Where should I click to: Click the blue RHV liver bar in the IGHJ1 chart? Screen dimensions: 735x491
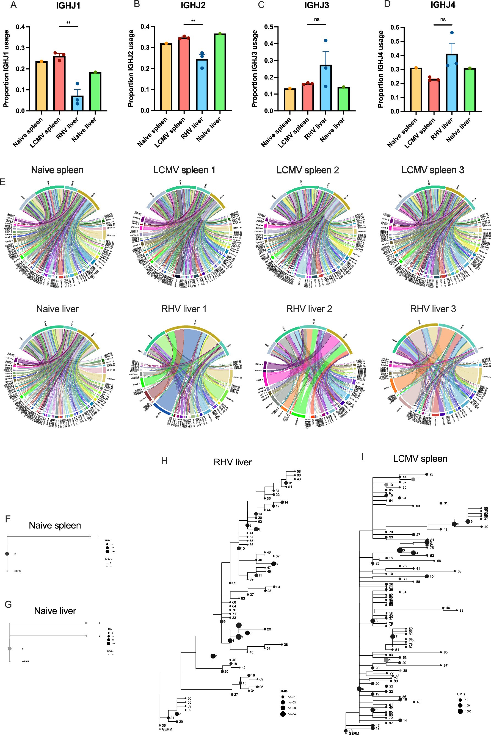pyautogui.click(x=77, y=103)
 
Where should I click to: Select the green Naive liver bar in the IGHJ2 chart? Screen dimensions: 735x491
pyautogui.click(x=220, y=72)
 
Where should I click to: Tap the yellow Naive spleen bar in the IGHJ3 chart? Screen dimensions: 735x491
pyautogui.click(x=290, y=100)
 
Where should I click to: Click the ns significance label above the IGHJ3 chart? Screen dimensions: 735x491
pyautogui.click(x=317, y=20)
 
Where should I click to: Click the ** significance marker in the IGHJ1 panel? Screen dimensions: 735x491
pyautogui.click(x=68, y=23)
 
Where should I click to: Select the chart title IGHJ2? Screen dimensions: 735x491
pyautogui.click(x=193, y=5)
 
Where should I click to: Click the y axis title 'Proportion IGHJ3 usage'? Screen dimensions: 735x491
pyautogui.click(x=255, y=69)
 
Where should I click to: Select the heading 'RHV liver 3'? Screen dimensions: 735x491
pyautogui.click(x=433, y=309)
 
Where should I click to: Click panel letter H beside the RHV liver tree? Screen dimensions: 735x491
pyautogui.click(x=164, y=460)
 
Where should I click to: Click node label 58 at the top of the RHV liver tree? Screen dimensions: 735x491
pyautogui.click(x=299, y=471)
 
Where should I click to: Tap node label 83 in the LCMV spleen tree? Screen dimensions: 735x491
pyautogui.click(x=462, y=611)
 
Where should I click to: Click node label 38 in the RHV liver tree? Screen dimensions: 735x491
pyautogui.click(x=286, y=645)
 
